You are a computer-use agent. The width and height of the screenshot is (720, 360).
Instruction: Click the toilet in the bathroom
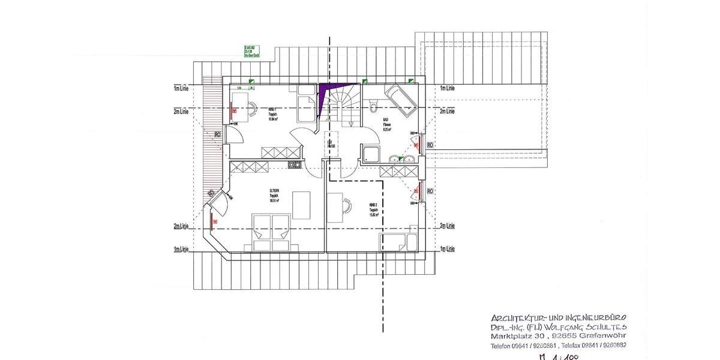point(373,108)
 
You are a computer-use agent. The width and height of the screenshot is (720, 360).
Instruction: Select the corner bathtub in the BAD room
point(400,100)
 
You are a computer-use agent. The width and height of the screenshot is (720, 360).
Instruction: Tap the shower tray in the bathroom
point(370,154)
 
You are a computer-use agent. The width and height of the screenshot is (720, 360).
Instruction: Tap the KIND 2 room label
point(373,208)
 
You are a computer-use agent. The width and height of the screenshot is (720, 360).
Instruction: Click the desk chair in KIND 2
point(347,205)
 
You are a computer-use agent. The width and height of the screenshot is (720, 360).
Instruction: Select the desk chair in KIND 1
point(253,108)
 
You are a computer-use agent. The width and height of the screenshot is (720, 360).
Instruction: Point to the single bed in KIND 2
point(398,242)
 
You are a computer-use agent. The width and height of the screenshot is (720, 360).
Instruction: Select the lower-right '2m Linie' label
point(446,226)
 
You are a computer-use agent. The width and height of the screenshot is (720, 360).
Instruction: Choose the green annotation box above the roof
point(251,51)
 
